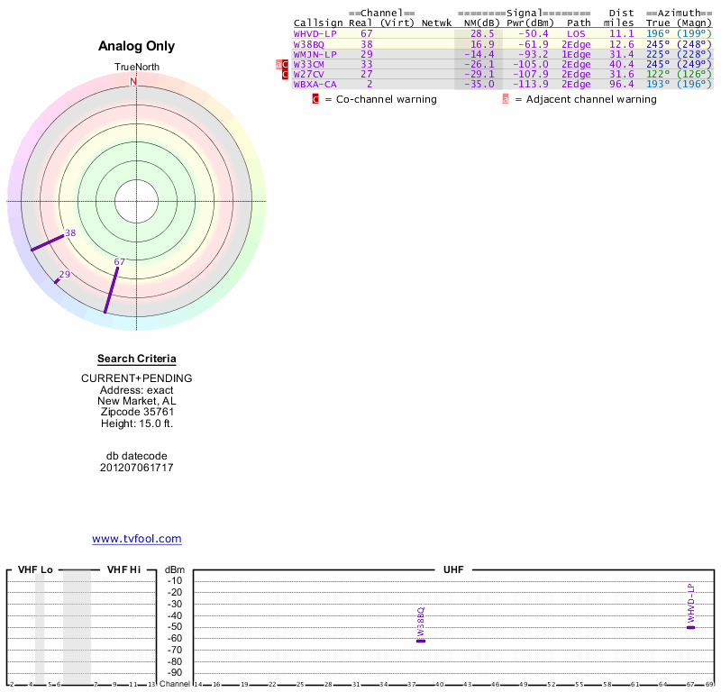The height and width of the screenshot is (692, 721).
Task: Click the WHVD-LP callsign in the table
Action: pos(315,33)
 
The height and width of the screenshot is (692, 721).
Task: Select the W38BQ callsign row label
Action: pos(308,43)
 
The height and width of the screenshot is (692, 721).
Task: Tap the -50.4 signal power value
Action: pos(531,33)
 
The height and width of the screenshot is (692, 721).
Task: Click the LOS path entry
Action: pos(577,33)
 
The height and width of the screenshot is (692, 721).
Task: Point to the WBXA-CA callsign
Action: pos(315,84)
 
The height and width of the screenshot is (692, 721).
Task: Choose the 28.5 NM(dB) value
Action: pos(482,33)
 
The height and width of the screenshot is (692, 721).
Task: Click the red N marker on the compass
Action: pos(133,81)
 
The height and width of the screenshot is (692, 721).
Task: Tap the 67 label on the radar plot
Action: pos(119,262)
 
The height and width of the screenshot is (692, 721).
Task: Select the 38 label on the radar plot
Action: pos(70,232)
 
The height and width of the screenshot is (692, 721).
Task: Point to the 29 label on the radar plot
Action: pos(65,275)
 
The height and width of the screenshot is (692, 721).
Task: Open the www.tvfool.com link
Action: pos(137,539)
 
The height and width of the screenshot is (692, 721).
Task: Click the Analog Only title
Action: pos(137,46)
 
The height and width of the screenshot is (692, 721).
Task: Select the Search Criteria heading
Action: pos(137,359)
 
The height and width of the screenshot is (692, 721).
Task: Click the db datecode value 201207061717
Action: pos(137,468)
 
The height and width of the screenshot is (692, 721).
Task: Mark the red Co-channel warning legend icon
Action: pos(315,99)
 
